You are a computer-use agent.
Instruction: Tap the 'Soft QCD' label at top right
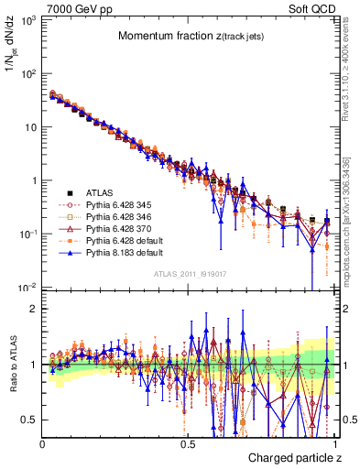312,8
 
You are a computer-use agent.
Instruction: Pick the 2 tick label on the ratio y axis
34,309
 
